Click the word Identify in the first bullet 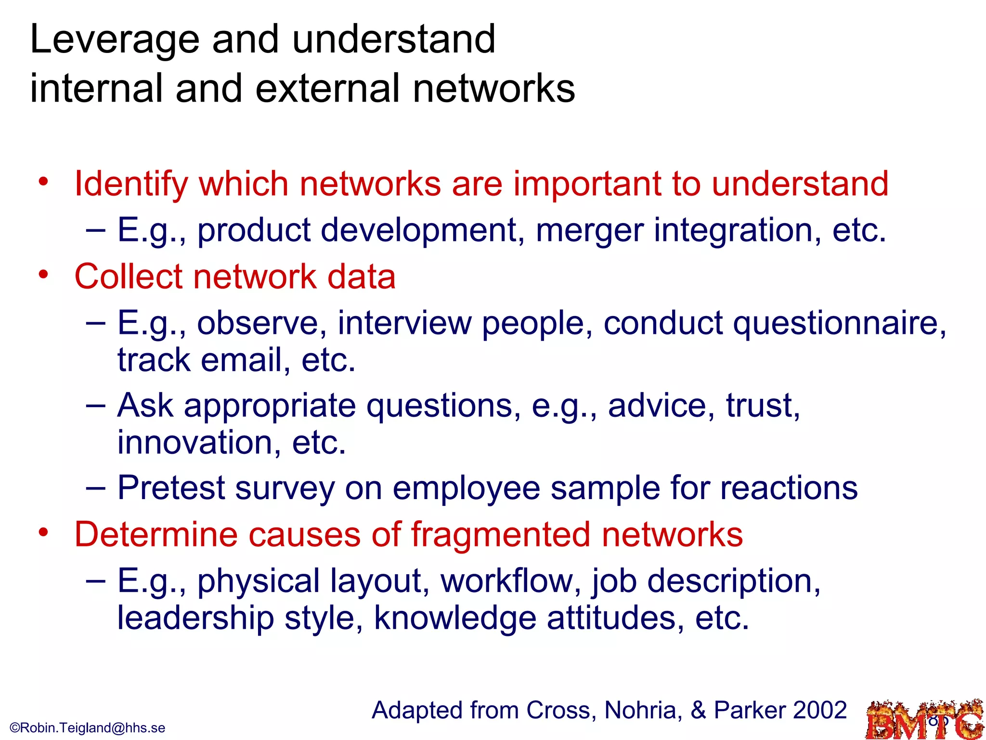[130, 185]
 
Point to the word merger [589, 230]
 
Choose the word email [241, 360]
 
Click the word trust [763, 406]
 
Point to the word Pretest [171, 489]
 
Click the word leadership [195, 618]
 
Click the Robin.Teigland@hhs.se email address [88, 727]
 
